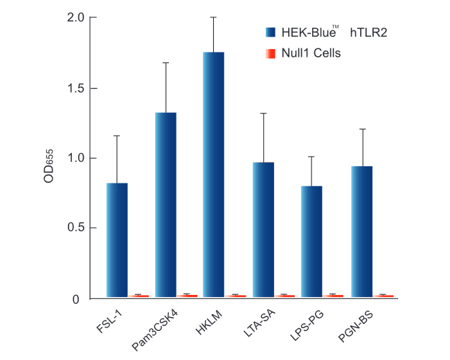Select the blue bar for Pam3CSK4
(x=165, y=204)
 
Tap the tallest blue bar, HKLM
(x=213, y=174)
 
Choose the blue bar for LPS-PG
(x=312, y=241)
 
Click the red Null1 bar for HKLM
(x=235, y=296)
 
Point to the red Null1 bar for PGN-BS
(x=383, y=296)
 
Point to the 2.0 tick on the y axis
(x=76, y=17)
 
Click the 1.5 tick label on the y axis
(x=76, y=88)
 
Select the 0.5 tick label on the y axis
(x=76, y=228)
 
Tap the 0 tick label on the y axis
(x=81, y=299)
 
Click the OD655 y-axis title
(x=49, y=168)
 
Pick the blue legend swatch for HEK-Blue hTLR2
(x=271, y=32)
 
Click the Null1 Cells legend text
(x=311, y=53)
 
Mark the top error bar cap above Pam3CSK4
(x=165, y=62)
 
